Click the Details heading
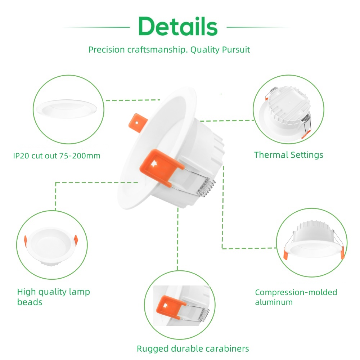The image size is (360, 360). pyautogui.click(x=178, y=26)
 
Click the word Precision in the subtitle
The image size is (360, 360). pyautogui.click(x=107, y=50)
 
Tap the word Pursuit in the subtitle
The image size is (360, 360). pyautogui.click(x=236, y=50)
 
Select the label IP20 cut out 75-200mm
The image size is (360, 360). pyautogui.click(x=57, y=156)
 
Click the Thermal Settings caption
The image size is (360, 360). pyautogui.click(x=289, y=155)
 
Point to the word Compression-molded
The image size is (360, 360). pyautogui.click(x=296, y=292)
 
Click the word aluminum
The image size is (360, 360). pyautogui.click(x=274, y=302)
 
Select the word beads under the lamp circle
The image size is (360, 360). pyautogui.click(x=30, y=302)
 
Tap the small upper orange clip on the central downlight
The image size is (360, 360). pyautogui.click(x=138, y=123)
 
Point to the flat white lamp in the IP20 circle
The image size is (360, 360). pyautogui.click(x=67, y=109)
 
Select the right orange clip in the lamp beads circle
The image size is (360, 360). pyautogui.click(x=76, y=240)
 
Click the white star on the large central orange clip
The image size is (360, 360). pyautogui.click(x=153, y=164)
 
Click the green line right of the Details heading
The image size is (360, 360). pyautogui.click(x=258, y=27)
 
